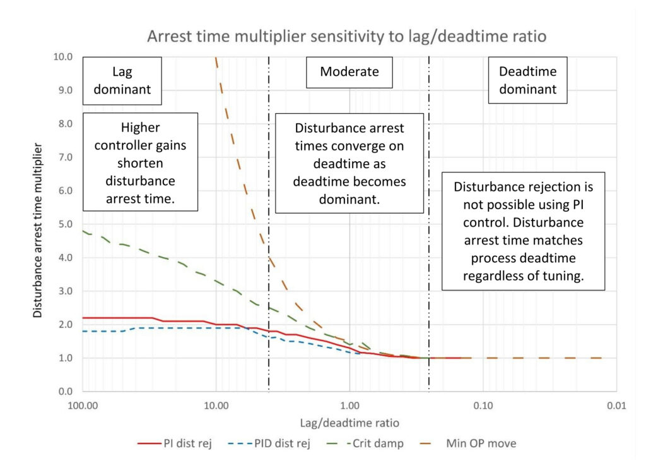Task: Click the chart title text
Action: click(347, 36)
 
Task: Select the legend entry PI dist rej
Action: click(175, 444)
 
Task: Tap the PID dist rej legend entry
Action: click(269, 444)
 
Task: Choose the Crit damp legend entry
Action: click(365, 444)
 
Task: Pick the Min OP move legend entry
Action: click(468, 444)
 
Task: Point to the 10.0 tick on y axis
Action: click(62, 56)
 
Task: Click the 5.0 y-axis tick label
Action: click(65, 224)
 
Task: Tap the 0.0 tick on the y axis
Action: click(65, 391)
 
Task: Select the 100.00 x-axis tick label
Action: click(83, 406)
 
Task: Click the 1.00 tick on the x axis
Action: click(349, 406)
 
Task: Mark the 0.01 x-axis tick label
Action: click(616, 406)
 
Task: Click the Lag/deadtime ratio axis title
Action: click(349, 423)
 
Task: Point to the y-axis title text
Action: click(37, 230)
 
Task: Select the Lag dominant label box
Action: click(122, 81)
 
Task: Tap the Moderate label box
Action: click(349, 72)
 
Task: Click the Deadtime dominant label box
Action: click(528, 80)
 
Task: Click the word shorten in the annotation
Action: click(140, 163)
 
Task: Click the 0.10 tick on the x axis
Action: click(483, 406)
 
